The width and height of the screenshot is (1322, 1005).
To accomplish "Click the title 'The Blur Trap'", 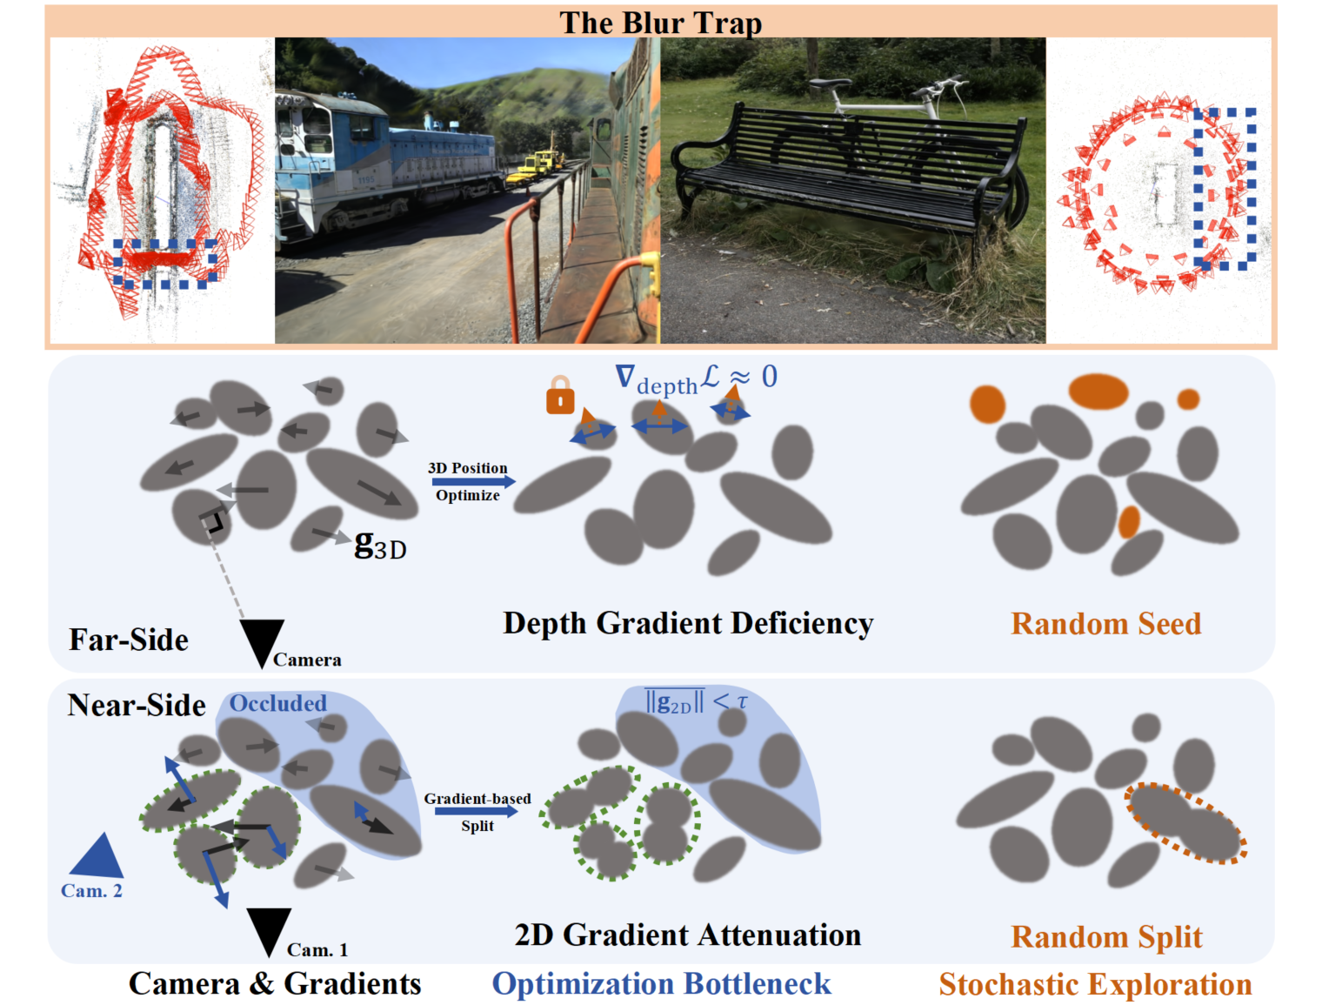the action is click(x=660, y=23).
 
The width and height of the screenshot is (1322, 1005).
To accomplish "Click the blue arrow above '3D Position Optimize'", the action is click(x=473, y=481).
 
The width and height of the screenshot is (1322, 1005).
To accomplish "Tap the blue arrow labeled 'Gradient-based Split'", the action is click(x=477, y=812).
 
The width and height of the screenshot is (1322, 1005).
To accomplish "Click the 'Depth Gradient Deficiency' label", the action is click(x=688, y=624).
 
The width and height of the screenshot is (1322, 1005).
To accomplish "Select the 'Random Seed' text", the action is click(x=1105, y=624).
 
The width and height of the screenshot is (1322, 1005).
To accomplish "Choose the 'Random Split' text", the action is click(x=1106, y=937).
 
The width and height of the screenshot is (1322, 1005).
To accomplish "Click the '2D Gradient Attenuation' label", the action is click(x=687, y=935).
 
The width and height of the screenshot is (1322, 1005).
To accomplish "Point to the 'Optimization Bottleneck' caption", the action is click(x=661, y=984).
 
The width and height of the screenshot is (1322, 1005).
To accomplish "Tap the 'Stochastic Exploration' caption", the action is click(x=1095, y=984).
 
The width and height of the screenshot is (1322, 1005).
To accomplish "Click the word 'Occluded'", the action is click(x=278, y=703).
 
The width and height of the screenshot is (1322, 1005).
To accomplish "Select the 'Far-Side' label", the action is click(x=128, y=640).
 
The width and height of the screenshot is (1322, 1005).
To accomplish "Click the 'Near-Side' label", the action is click(x=137, y=705).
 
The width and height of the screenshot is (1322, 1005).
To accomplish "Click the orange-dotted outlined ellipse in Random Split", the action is click(x=1184, y=822).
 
